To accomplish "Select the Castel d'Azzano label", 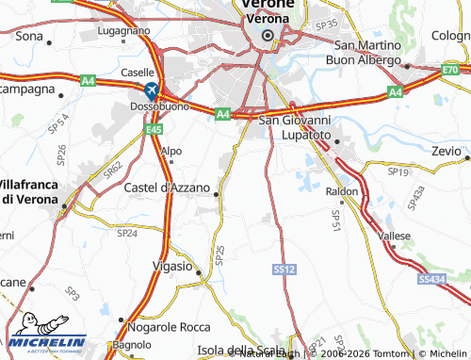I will (x=165, y=188).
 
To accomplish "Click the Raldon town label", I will (x=342, y=190).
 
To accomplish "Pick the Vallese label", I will (x=395, y=236).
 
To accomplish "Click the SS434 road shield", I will (x=430, y=279).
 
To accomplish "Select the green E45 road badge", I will (x=154, y=129).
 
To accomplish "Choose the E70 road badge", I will (x=451, y=70).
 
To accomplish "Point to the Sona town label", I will (x=30, y=36).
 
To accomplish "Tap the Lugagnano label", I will (x=123, y=30).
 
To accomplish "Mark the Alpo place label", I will (x=171, y=151).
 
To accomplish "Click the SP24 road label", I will (x=126, y=232).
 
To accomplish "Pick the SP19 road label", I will (x=398, y=172).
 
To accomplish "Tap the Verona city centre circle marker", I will (x=267, y=36).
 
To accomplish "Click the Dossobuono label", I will (x=155, y=107).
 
